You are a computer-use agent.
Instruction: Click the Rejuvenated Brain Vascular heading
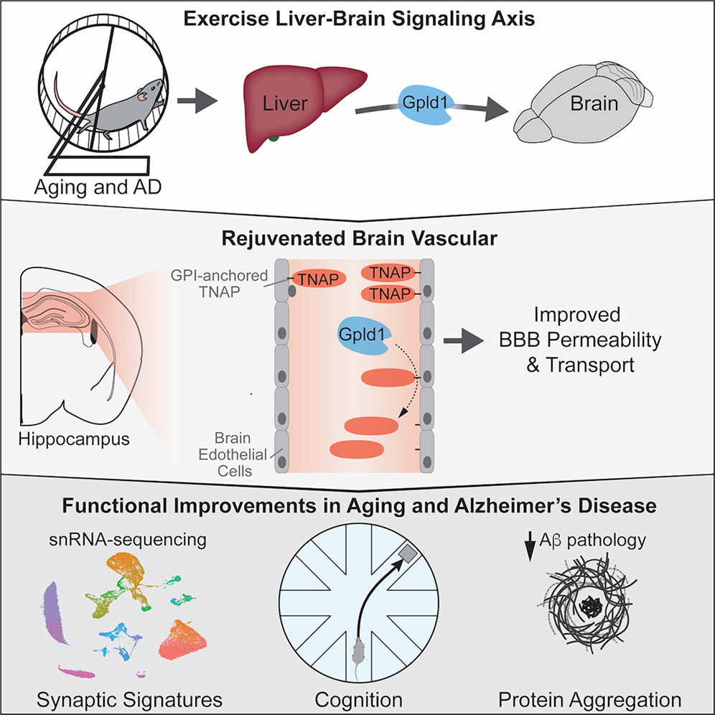(x=357, y=238)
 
